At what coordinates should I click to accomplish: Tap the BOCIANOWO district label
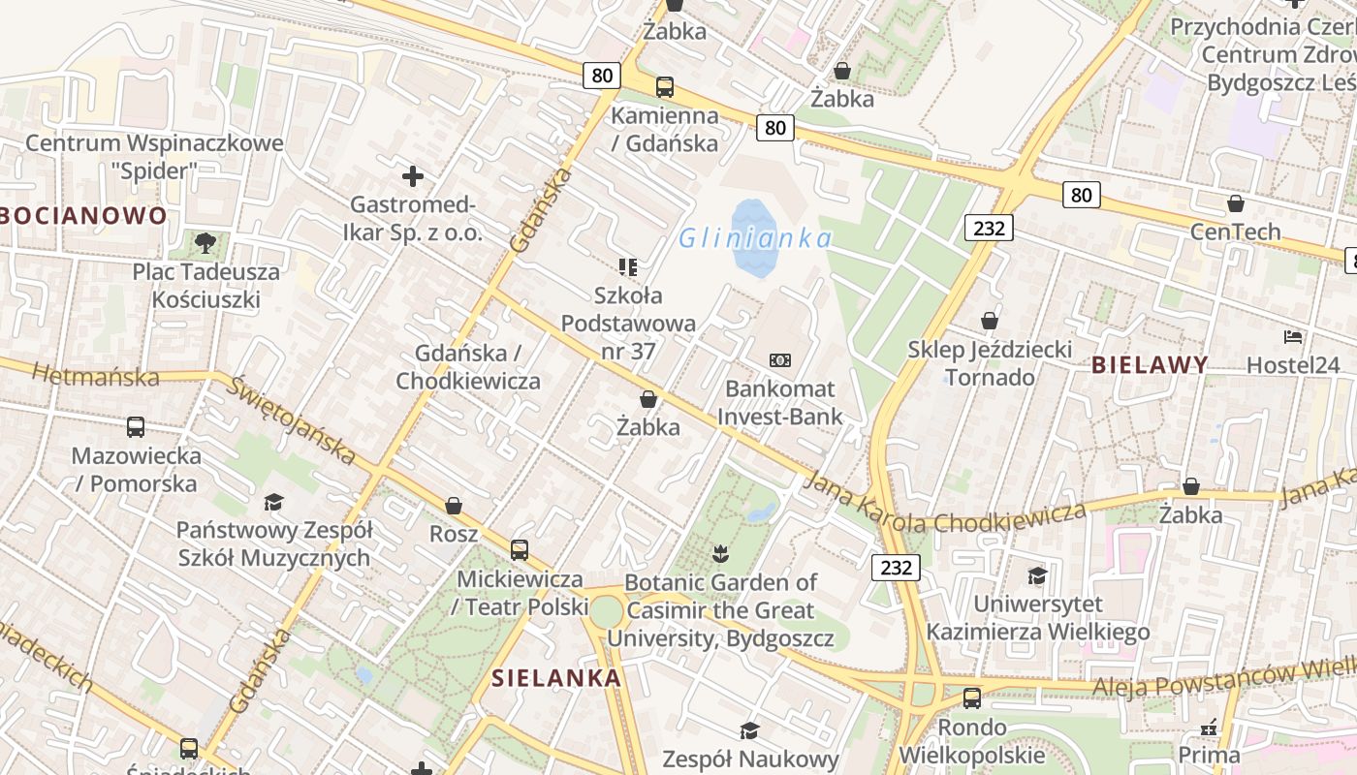pos(84,215)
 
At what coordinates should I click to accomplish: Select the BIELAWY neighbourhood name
pos(1150,365)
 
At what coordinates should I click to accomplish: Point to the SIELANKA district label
pos(555,677)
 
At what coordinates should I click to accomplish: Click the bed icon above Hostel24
pos(1293,337)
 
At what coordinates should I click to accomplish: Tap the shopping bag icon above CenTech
pos(1235,203)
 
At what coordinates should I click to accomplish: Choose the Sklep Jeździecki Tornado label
pos(990,362)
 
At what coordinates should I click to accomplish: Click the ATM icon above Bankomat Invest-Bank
pos(780,360)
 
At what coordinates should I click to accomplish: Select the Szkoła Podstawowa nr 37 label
pos(628,323)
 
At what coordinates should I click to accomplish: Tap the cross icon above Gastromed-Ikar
pos(413,176)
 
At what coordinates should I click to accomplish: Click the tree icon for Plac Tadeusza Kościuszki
pos(205,242)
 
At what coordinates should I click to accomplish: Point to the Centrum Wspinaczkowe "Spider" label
pos(154,157)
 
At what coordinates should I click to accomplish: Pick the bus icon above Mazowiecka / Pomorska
pos(136,426)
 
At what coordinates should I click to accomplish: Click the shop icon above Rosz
pos(453,506)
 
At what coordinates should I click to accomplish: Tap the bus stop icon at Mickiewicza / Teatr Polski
pos(520,550)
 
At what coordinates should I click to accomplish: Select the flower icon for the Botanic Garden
pos(720,554)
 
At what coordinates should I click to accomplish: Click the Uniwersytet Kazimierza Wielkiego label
pos(1037,618)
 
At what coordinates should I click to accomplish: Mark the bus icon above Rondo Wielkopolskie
pos(972,697)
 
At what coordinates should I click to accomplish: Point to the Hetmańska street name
pos(95,374)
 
